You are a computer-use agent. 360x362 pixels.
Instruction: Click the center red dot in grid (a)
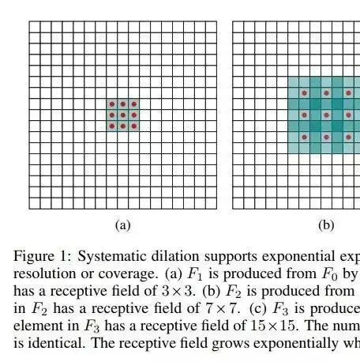[123, 115]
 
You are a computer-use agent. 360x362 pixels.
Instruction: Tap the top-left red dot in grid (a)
[112, 104]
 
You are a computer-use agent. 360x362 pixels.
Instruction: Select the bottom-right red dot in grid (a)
[134, 126]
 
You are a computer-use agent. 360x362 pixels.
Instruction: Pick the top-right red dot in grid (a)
[134, 104]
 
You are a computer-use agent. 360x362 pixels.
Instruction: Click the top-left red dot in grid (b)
[305, 93]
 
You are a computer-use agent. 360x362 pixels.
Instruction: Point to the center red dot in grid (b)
[327, 115]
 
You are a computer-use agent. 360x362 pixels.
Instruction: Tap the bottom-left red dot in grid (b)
[305, 138]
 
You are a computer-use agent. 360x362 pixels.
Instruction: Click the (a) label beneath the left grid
[122, 225]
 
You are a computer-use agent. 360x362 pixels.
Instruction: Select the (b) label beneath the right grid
[326, 225]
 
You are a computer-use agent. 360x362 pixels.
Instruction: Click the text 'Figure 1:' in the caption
[42, 256]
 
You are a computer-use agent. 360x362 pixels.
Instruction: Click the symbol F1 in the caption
[195, 274]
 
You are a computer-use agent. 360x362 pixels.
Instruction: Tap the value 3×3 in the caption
[178, 291]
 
